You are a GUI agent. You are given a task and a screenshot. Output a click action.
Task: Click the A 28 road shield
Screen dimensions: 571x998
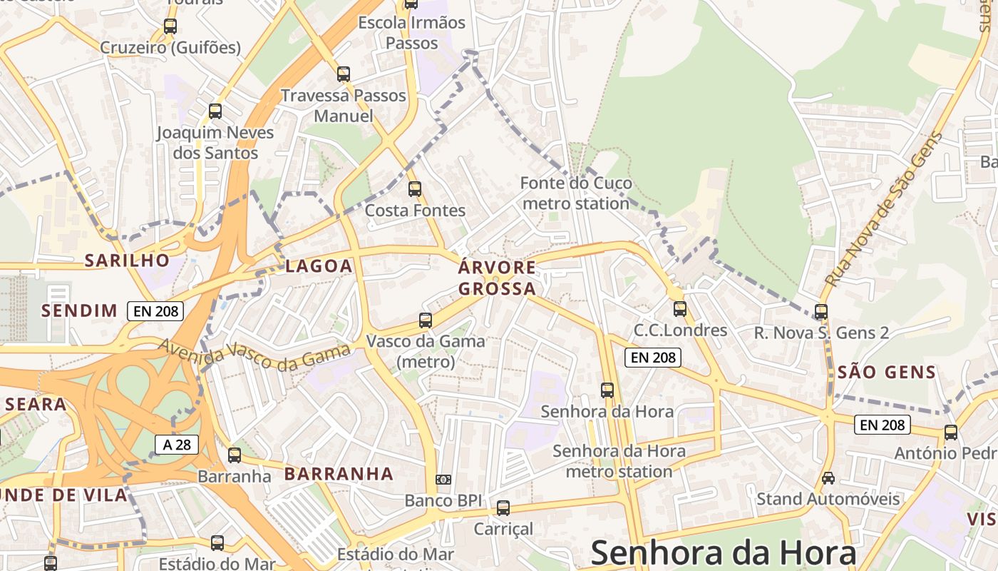177,445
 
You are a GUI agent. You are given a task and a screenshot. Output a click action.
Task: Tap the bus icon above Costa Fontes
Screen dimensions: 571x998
415,189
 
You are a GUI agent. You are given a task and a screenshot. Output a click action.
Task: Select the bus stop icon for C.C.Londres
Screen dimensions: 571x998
680,309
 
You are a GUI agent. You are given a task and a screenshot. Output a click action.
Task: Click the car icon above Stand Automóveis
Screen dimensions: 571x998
828,477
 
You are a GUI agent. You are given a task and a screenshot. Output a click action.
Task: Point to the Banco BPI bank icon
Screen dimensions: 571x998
443,480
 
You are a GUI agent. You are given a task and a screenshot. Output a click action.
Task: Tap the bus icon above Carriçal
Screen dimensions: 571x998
503,508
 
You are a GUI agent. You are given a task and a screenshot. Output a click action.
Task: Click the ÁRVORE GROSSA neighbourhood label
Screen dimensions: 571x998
497,278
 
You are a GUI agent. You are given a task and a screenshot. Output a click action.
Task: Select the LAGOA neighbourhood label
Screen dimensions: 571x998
319,266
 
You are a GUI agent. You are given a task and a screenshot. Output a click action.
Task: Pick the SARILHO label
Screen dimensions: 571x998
128,260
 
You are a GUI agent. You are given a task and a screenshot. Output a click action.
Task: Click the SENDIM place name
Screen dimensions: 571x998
79,310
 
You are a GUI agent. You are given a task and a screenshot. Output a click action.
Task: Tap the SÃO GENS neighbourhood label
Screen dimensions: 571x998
887,372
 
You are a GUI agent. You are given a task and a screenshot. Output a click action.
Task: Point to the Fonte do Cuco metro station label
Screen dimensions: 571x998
576,193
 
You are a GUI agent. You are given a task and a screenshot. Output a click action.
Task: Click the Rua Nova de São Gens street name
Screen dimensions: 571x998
883,209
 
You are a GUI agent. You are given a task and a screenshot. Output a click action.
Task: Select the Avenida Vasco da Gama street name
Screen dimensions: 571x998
254,355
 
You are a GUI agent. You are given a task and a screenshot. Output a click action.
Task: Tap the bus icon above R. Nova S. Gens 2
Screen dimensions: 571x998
821,312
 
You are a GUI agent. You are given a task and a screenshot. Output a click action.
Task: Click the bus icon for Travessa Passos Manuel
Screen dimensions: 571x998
344,74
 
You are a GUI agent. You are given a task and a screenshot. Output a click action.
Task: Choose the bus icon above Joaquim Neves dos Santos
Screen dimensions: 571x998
215,111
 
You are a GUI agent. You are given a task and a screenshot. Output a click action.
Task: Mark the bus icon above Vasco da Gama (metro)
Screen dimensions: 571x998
426,320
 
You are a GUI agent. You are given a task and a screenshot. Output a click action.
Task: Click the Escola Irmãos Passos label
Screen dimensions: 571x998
411,33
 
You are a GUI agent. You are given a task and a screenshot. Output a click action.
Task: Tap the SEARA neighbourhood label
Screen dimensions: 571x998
36,404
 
